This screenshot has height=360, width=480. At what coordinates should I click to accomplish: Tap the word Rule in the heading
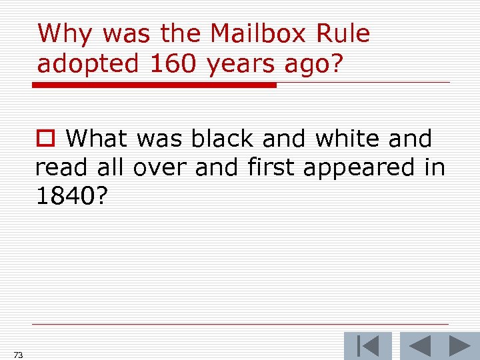(x=345, y=33)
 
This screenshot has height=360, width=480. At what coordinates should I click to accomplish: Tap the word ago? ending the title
(x=314, y=65)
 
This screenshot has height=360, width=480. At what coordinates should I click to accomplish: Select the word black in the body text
(x=223, y=139)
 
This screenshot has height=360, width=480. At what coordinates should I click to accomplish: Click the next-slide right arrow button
(x=460, y=346)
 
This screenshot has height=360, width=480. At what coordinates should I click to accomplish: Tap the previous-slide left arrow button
(x=420, y=346)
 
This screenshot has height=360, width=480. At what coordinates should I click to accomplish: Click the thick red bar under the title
(x=155, y=85)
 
